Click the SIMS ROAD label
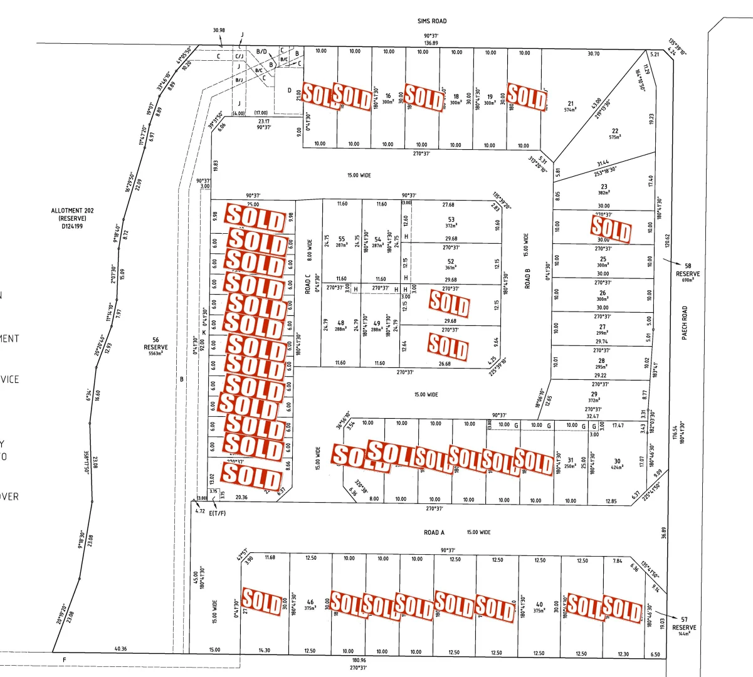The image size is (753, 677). click(432, 21)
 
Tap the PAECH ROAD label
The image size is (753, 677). click(685, 323)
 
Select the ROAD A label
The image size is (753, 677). click(434, 533)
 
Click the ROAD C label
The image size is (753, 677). click(308, 284)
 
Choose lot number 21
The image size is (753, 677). click(571, 104)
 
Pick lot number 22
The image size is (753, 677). click(615, 131)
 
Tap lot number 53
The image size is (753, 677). click(451, 220)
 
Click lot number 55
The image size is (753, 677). click(342, 239)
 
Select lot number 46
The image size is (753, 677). click(310, 602)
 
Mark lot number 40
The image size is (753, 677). click(540, 605)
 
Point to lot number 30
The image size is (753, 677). click(617, 461)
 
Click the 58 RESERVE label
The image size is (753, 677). click(688, 270)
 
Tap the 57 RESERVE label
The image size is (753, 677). click(684, 624)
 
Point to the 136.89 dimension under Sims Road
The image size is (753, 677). click(431, 43)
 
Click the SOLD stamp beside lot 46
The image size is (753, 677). click(262, 602)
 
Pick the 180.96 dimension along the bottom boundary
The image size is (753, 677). click(359, 660)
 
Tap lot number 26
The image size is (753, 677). click(603, 293)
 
